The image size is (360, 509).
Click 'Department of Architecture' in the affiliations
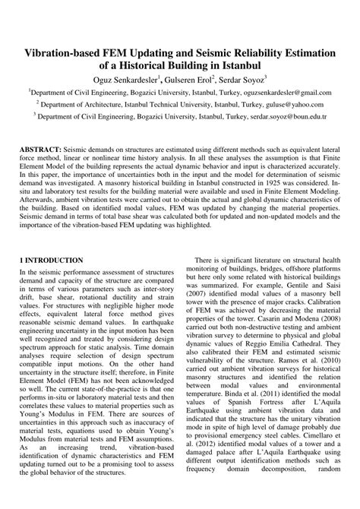point(79,105)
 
